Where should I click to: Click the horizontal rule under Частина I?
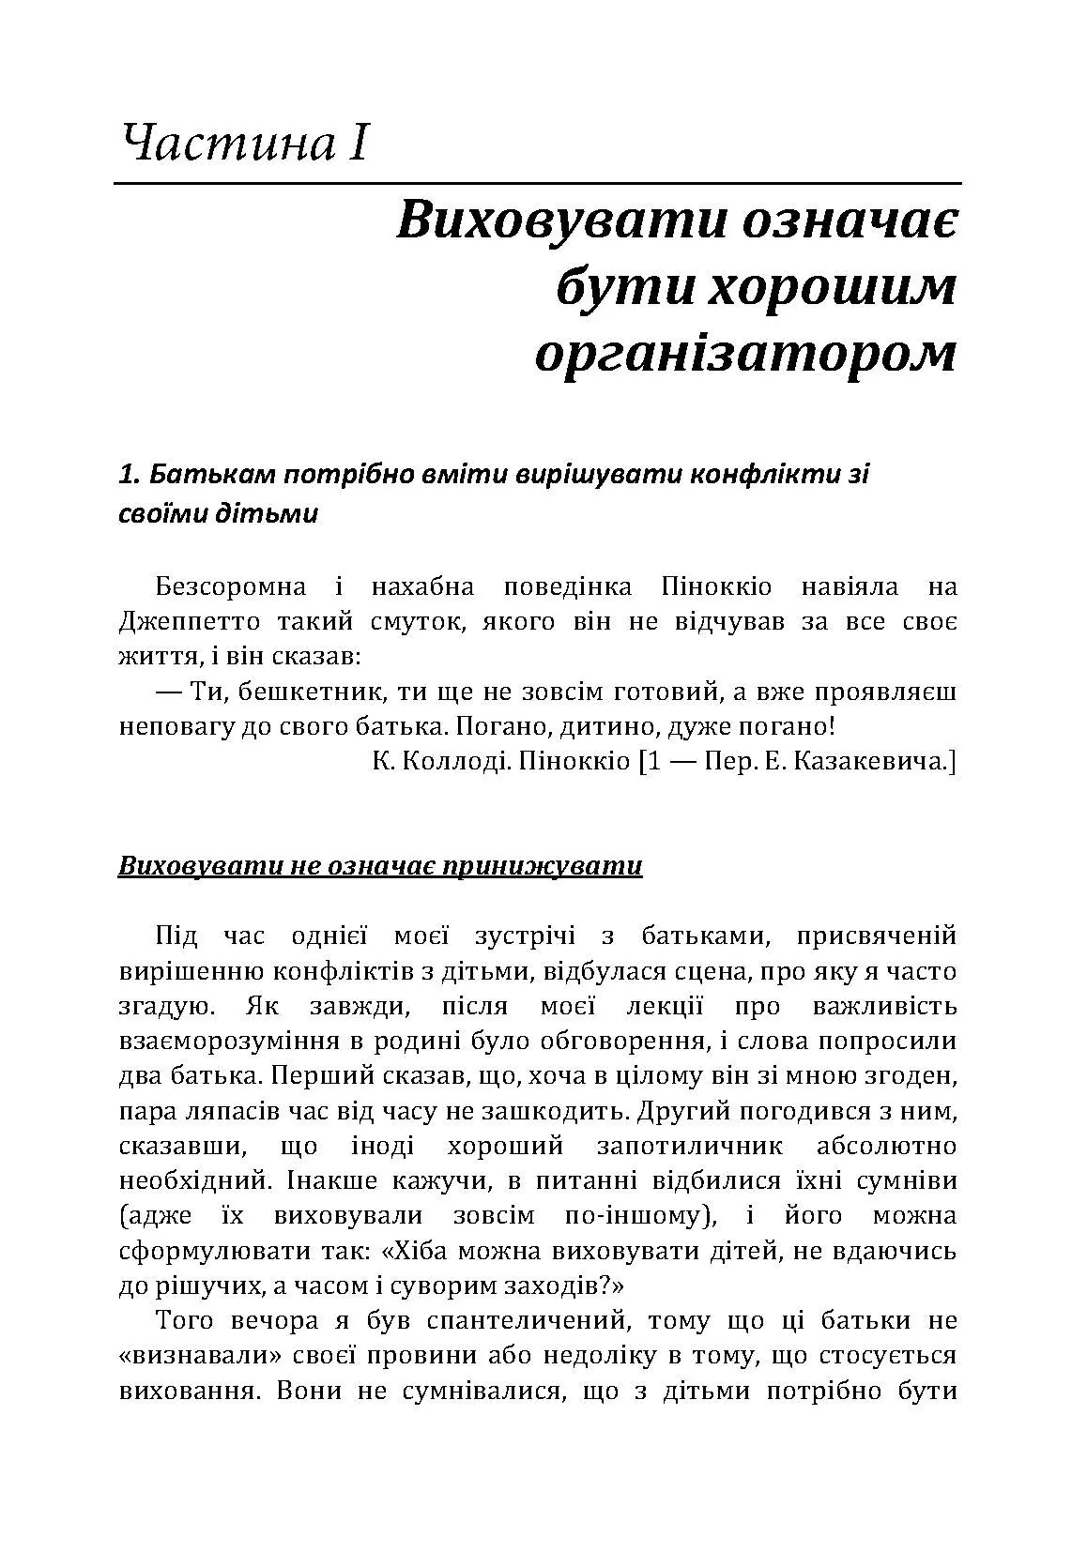pyautogui.click(x=537, y=182)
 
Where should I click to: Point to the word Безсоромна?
pyautogui.click(x=231, y=587)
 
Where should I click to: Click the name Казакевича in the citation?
pyautogui.click(x=869, y=761)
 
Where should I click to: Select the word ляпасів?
pyautogui.click(x=218, y=1111)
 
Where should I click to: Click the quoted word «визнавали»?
pyautogui.click(x=196, y=1356)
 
